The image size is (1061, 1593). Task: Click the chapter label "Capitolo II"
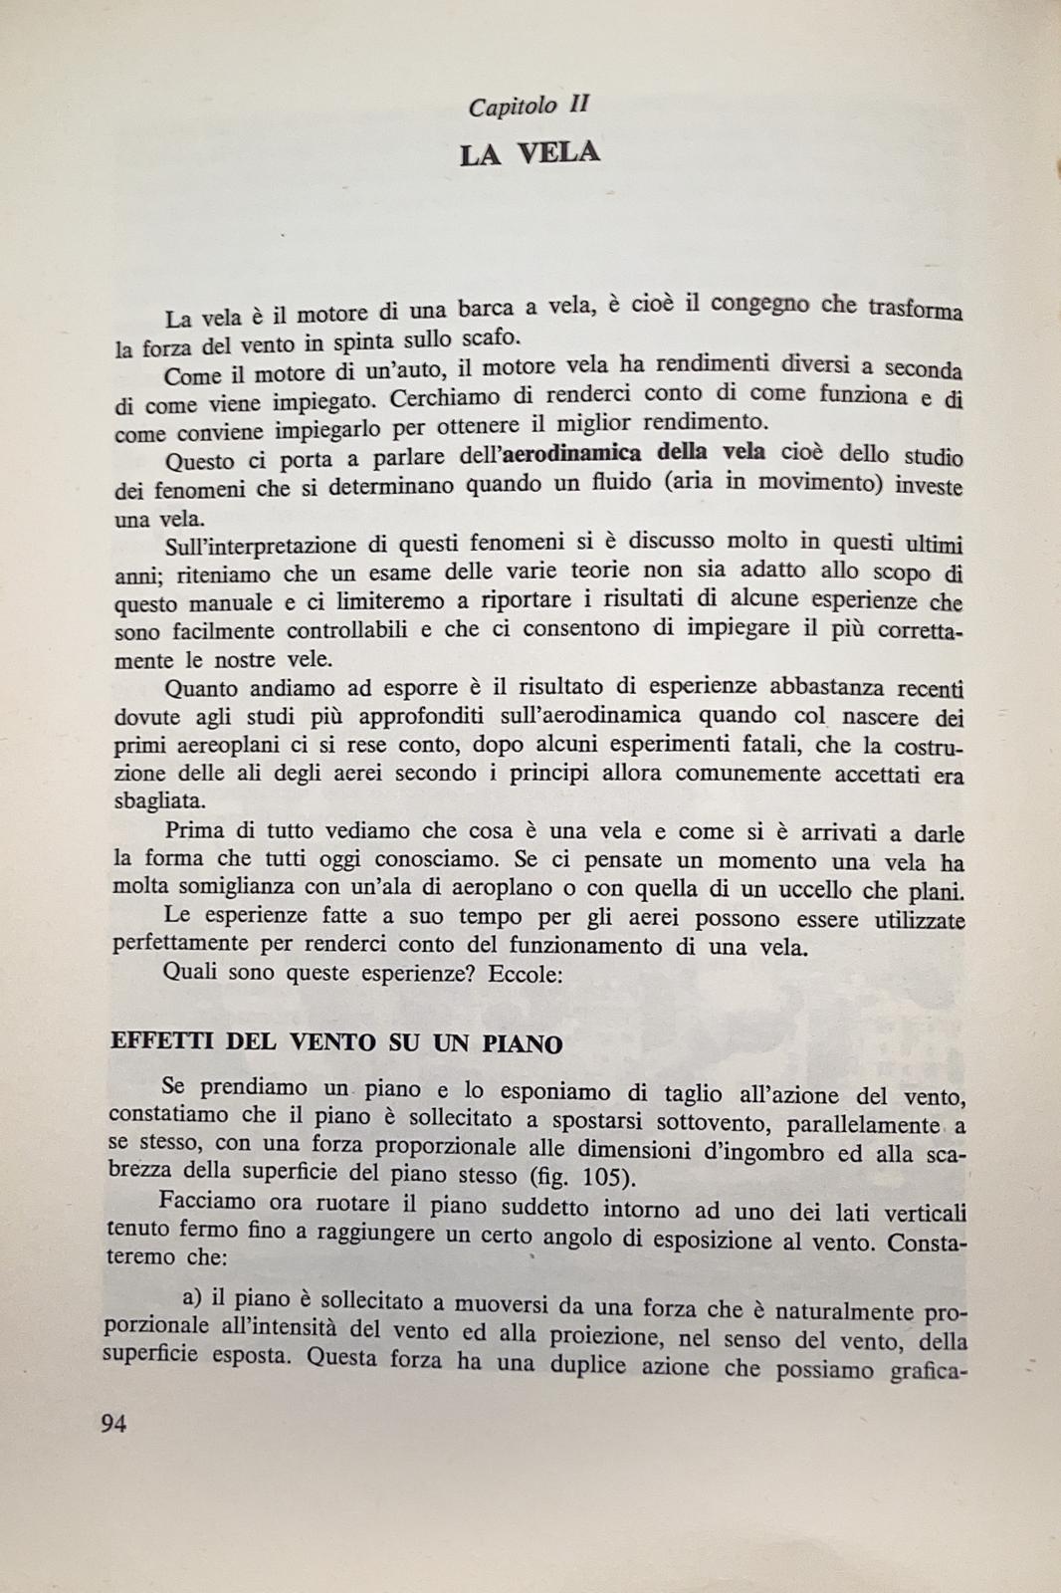coord(530,105)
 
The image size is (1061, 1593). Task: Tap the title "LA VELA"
coord(530,154)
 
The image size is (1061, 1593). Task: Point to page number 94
coord(114,1423)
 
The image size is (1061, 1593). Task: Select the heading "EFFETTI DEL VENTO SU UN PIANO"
coord(336,1043)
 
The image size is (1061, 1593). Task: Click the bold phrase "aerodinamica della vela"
coord(635,452)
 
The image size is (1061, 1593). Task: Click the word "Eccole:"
coord(526,974)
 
